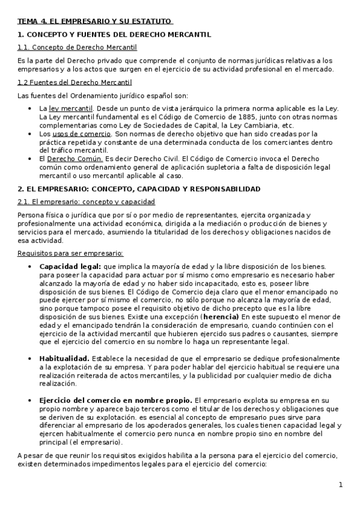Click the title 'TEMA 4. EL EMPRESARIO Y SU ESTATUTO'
(x=95, y=22)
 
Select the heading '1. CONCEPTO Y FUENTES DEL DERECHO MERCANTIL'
(x=114, y=35)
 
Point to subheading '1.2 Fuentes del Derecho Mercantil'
(x=75, y=82)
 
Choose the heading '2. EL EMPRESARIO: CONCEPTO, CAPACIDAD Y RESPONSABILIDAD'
(x=139, y=189)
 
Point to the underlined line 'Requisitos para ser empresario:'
(x=71, y=253)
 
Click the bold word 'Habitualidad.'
(x=64, y=358)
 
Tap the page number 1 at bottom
(x=340, y=485)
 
